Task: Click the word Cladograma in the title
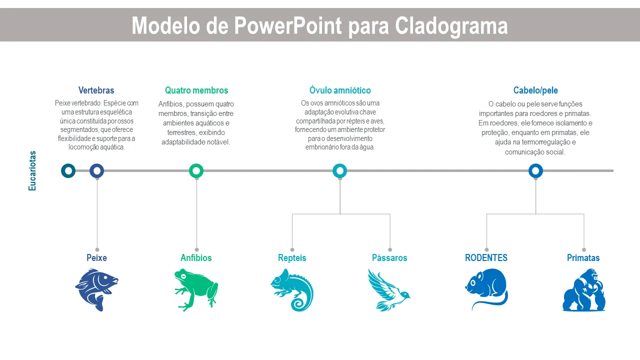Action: tap(451, 25)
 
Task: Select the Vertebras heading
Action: tap(96, 90)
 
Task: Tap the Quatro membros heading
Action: tap(196, 90)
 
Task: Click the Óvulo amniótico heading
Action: tap(340, 90)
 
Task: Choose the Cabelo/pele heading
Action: tap(535, 90)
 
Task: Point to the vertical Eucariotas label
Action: tap(32, 170)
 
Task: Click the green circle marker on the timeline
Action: tap(196, 171)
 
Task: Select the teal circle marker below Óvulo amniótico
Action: tap(340, 171)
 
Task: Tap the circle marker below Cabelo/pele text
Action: tap(535, 171)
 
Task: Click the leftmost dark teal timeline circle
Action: tap(68, 171)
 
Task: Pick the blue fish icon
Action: tap(96, 289)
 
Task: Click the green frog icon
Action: tap(196, 289)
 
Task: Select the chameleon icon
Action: tap(292, 289)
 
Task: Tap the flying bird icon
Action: tap(389, 289)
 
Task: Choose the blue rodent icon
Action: tap(486, 289)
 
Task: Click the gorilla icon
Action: tap(583, 290)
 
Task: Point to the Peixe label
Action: tap(96, 258)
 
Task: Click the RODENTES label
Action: tap(486, 258)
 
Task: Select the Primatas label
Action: tap(583, 258)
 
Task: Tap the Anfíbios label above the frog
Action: tap(196, 258)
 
